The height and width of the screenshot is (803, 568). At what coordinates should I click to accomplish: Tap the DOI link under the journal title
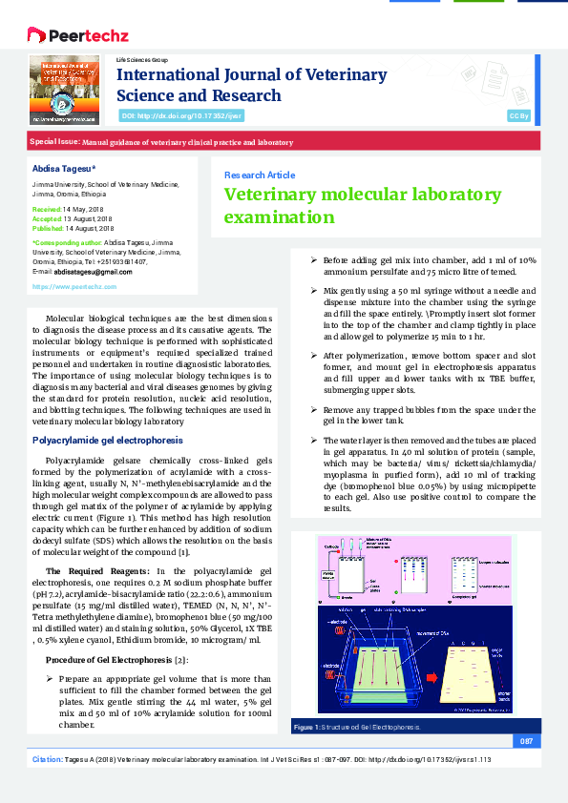(181, 115)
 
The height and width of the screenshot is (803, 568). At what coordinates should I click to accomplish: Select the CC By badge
(518, 115)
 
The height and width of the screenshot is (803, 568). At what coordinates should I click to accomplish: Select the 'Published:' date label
(48, 228)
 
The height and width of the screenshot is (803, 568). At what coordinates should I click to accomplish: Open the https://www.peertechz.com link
(74, 286)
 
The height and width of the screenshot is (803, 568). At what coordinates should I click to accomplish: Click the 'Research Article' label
(259, 175)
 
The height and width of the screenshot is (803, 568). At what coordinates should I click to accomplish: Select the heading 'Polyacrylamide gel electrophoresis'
(108, 441)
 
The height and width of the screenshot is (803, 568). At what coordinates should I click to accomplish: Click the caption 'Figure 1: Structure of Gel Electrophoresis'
(356, 728)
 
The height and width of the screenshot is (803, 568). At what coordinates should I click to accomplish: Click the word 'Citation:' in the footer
(49, 759)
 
